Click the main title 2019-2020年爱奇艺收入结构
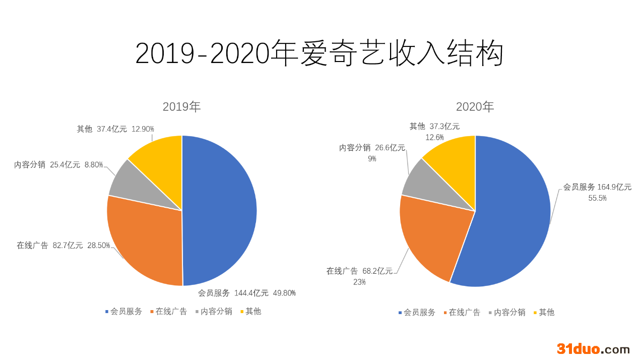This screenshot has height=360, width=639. tap(319, 53)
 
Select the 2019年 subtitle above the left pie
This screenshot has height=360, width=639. tap(182, 107)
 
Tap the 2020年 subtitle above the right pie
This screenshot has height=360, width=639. tap(475, 107)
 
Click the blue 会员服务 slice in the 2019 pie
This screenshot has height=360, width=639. tap(220, 211)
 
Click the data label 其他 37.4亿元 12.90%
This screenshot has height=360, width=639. tap(115, 129)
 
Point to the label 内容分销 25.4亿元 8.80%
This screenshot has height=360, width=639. tap(58, 165)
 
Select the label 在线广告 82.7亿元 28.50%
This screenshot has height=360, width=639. tap(63, 246)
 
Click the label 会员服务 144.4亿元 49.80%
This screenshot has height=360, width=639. tap(247, 293)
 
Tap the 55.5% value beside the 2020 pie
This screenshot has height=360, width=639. tap(597, 198)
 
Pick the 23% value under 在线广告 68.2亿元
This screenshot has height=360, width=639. tap(359, 282)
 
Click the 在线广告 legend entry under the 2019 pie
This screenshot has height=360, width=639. tap(169, 312)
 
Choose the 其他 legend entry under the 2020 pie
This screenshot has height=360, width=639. tap(544, 312)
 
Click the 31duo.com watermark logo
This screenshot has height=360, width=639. tap(593, 349)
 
